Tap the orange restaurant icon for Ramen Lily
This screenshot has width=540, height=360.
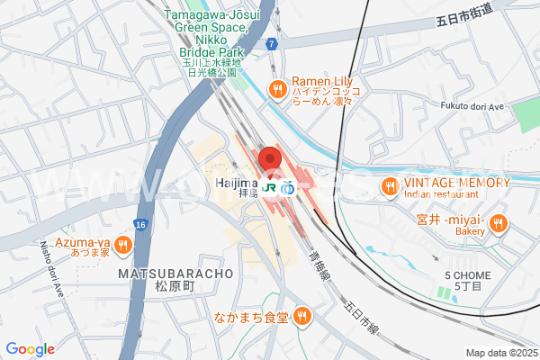277,89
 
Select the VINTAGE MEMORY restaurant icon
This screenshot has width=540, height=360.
389,186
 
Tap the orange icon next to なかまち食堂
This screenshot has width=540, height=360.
302,316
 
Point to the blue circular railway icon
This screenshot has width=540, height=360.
288,190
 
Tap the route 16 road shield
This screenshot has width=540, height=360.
139,223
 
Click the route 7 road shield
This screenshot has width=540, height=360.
271,43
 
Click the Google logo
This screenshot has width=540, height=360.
30,349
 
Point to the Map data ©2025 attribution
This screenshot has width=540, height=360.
499,353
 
